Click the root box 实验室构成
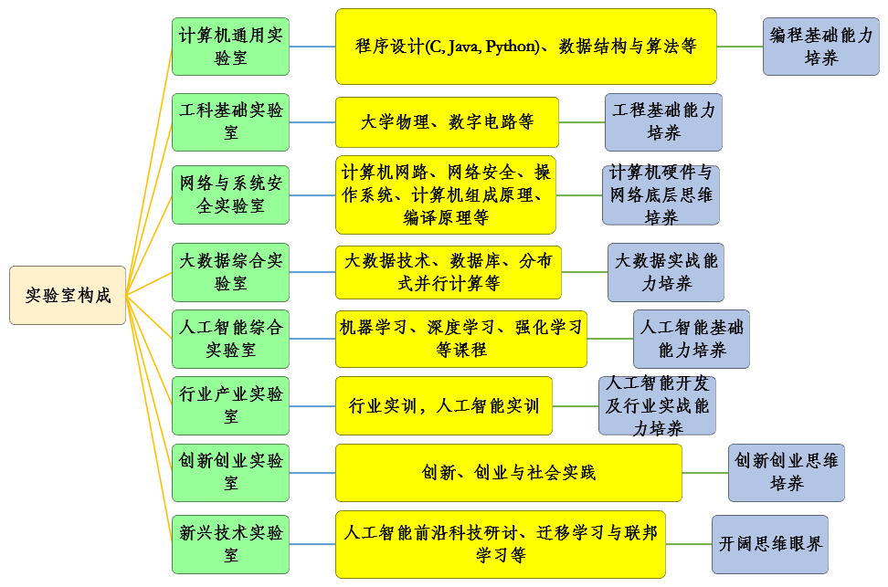pyautogui.click(x=68, y=295)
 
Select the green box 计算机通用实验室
pyautogui.click(x=230, y=47)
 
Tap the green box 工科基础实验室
pyautogui.click(x=230, y=121)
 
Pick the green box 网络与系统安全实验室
pyautogui.click(x=230, y=194)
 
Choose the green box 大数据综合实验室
pyautogui.click(x=230, y=272)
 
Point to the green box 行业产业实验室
pyautogui.click(x=230, y=405)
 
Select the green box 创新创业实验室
pyautogui.click(x=230, y=473)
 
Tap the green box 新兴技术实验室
pyautogui.click(x=230, y=543)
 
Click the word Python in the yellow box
pyautogui.click(x=511, y=47)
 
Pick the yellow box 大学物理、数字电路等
pyautogui.click(x=447, y=122)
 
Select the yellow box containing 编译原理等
pyautogui.click(x=446, y=194)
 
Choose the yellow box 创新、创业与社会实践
pyautogui.click(x=508, y=473)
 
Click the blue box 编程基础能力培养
pyautogui.click(x=821, y=47)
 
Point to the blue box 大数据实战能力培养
pyautogui.click(x=666, y=272)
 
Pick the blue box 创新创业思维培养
pyautogui.click(x=786, y=473)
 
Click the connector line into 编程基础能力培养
pyautogui.click(x=740, y=47)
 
